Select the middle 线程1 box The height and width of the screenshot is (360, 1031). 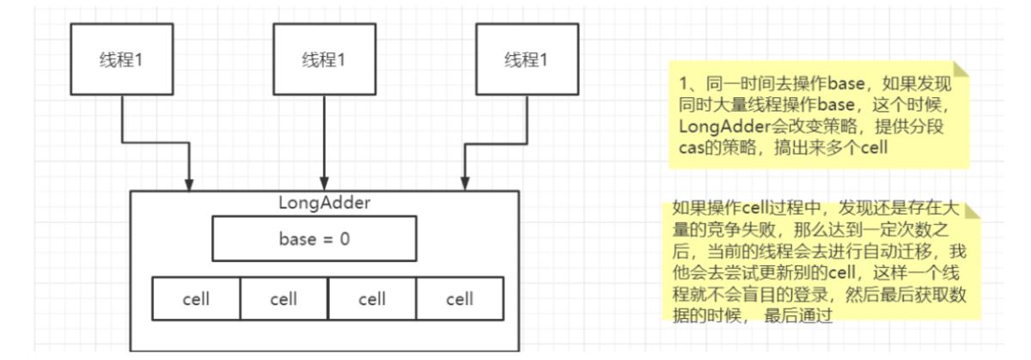click(323, 59)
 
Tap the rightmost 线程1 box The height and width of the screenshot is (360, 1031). click(525, 59)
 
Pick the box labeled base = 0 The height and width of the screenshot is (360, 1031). click(314, 238)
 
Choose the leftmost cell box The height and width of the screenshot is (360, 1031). click(196, 299)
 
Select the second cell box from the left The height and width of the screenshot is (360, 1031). click(284, 299)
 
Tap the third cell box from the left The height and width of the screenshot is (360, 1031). click(371, 299)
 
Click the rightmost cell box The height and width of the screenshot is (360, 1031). click(460, 299)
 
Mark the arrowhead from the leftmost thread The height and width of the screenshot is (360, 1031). click(189, 185)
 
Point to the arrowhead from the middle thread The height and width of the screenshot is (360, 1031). click(323, 185)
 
